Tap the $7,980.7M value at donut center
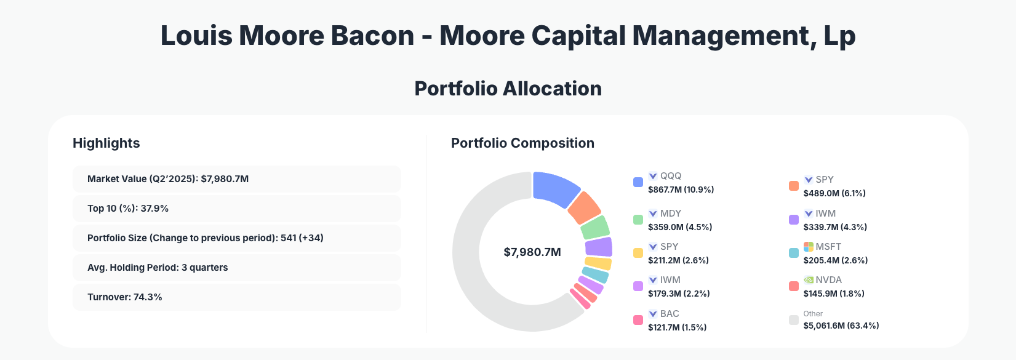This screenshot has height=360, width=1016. coord(532,252)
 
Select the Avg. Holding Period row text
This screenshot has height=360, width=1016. coord(158,268)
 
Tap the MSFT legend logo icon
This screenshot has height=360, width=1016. coord(809,247)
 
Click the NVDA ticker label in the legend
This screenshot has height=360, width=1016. coord(828,280)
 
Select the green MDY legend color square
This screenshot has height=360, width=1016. coord(638,220)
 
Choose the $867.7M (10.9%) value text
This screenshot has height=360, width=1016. coord(681,190)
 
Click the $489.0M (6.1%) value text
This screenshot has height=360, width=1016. coord(834,193)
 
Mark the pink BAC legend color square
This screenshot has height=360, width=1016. coord(638,320)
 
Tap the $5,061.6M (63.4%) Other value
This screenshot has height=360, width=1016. coord(841,326)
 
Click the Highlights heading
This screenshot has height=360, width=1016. coord(106,143)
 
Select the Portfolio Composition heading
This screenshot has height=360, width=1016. coord(522,143)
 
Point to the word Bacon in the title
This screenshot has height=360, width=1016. coord(372,36)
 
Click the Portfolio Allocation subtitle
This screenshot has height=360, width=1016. coord(508,89)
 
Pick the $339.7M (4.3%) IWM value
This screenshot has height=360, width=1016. coord(834,227)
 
